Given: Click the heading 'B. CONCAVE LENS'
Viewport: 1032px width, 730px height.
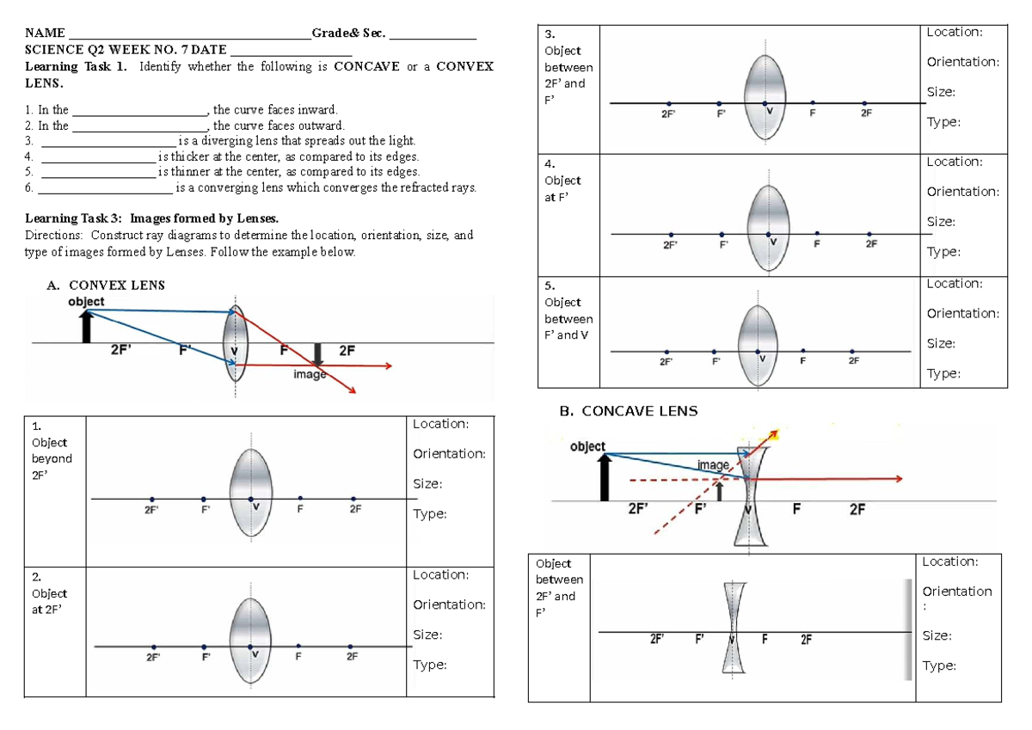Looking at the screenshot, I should click(x=628, y=411).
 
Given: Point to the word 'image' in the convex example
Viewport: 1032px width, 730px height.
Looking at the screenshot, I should click(x=309, y=375).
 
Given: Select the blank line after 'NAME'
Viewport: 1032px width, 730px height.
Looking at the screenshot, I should click(x=189, y=34).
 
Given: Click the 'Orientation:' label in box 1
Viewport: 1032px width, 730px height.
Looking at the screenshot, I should click(x=449, y=454).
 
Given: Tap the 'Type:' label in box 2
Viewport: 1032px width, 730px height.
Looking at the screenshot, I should click(x=429, y=665).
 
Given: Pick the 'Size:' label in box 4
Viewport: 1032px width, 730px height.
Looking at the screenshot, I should click(x=942, y=222).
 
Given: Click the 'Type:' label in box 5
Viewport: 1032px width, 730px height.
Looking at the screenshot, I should click(x=943, y=373).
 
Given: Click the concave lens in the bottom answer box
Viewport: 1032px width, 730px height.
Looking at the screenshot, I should click(x=732, y=629).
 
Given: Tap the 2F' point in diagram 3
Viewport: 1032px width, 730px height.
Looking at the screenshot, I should click(x=668, y=103).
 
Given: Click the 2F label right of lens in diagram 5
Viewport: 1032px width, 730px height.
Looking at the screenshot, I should click(x=853, y=361).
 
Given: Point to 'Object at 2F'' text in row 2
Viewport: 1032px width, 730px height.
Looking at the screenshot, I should click(x=49, y=601).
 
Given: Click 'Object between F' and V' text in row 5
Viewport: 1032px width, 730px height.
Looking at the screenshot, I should click(x=567, y=318).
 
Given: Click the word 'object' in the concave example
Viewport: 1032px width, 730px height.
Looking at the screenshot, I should click(x=587, y=446).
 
